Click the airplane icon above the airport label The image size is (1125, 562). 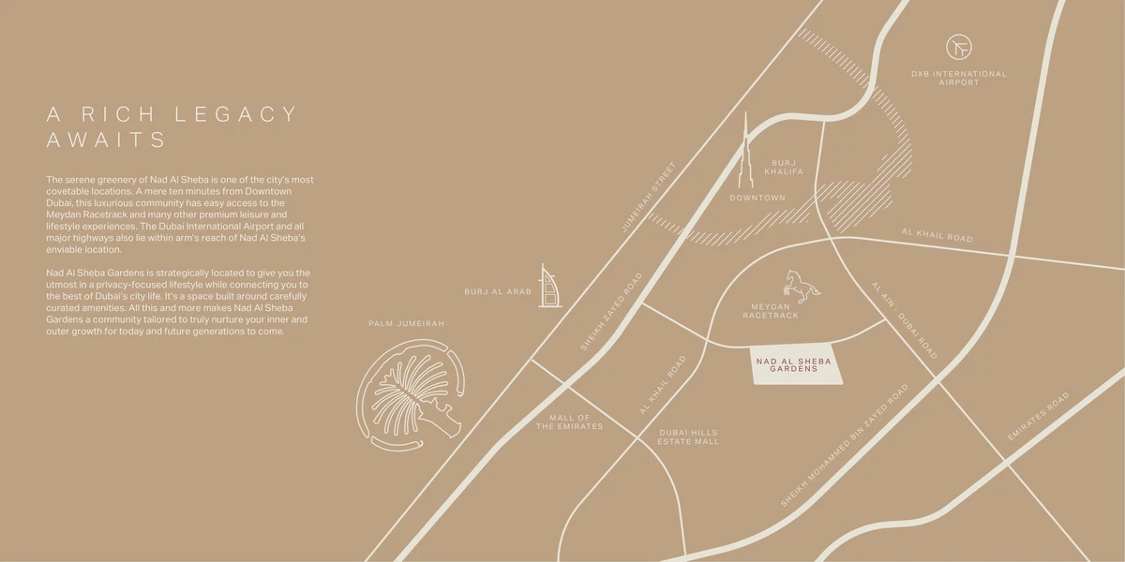tap(959, 47)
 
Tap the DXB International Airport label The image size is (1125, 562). tap(959, 78)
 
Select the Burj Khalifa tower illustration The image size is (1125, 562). tap(747, 155)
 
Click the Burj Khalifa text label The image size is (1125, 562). tap(784, 167)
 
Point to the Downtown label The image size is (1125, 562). tap(757, 198)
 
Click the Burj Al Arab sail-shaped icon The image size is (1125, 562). tap(549, 286)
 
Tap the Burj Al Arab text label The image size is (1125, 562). tap(498, 292)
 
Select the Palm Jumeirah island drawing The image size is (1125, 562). tap(410, 393)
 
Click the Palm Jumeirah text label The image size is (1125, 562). tap(406, 323)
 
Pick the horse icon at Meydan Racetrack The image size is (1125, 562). tap(802, 285)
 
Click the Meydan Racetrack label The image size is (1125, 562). tap(771, 311)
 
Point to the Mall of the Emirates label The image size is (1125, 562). tap(570, 421)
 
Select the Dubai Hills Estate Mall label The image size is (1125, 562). tap(688, 436)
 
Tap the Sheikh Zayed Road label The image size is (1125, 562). tap(612, 312)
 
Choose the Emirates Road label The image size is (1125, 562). tap(1038, 417)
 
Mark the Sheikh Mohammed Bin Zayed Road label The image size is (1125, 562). tap(845, 445)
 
